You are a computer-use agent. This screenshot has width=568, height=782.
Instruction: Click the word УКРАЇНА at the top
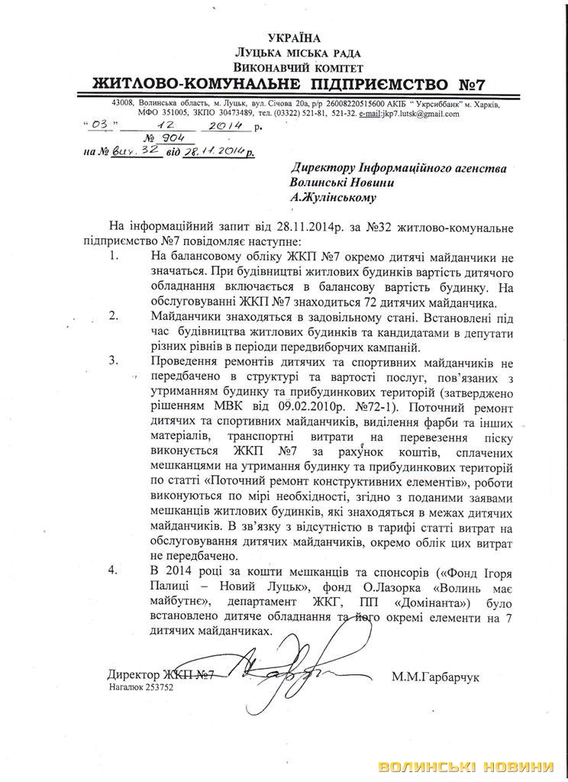(294, 38)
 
